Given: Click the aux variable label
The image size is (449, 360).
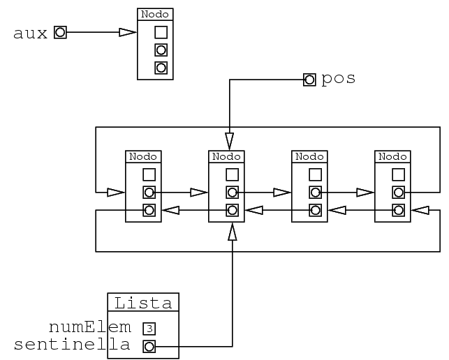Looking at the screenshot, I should [x=31, y=33].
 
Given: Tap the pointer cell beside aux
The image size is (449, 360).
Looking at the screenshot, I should [x=60, y=32].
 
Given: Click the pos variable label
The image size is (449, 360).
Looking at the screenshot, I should [x=338, y=79].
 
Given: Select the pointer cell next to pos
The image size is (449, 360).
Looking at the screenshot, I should [x=309, y=80].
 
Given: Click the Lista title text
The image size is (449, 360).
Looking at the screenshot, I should [x=143, y=303].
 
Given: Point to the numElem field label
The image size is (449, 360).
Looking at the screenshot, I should [x=89, y=327].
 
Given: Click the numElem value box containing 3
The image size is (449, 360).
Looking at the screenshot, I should [x=148, y=328].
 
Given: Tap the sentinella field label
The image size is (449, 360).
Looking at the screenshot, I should [x=72, y=345].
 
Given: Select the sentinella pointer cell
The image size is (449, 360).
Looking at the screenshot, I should [x=148, y=346].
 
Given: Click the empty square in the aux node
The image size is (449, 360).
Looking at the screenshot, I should [x=161, y=32].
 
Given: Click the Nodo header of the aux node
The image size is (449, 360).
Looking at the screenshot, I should [x=155, y=14].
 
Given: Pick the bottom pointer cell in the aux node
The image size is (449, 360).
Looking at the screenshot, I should [x=161, y=68].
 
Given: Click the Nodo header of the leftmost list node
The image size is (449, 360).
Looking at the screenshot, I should [x=142, y=156].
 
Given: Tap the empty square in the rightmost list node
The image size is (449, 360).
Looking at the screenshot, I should [x=398, y=174].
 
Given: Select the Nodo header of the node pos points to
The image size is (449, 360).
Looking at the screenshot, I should [x=226, y=156].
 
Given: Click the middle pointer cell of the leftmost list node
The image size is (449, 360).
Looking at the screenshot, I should [x=149, y=192].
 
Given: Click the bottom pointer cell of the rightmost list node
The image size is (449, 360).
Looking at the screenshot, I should [x=398, y=209].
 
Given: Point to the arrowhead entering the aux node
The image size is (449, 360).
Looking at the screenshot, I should [x=127, y=32].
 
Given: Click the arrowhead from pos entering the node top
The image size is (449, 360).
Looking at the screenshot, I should [x=229, y=136].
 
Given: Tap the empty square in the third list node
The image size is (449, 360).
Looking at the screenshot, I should [x=315, y=174].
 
